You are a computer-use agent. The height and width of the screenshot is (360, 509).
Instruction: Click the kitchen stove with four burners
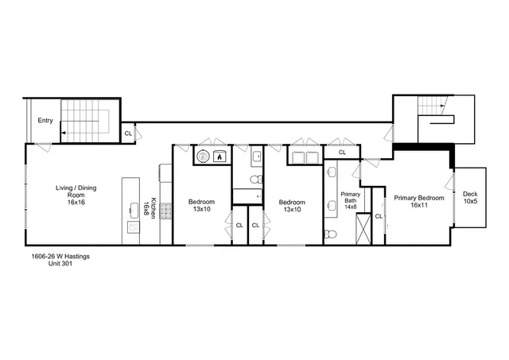point(165,211)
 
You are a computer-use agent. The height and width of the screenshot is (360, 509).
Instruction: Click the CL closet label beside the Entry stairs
point(128,134)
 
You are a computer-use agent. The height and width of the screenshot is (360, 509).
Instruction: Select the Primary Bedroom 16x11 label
point(418,201)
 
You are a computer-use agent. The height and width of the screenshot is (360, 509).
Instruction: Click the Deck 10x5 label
point(470,197)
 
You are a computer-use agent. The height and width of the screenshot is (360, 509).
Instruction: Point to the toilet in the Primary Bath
point(331,234)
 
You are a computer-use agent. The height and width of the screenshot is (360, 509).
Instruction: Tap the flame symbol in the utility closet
point(219,157)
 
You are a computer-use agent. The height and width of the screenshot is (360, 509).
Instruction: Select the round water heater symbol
point(202,157)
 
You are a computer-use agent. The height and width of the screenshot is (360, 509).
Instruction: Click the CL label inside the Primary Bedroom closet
point(378,216)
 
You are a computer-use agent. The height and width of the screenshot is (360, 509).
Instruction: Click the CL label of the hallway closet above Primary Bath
point(342,152)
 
